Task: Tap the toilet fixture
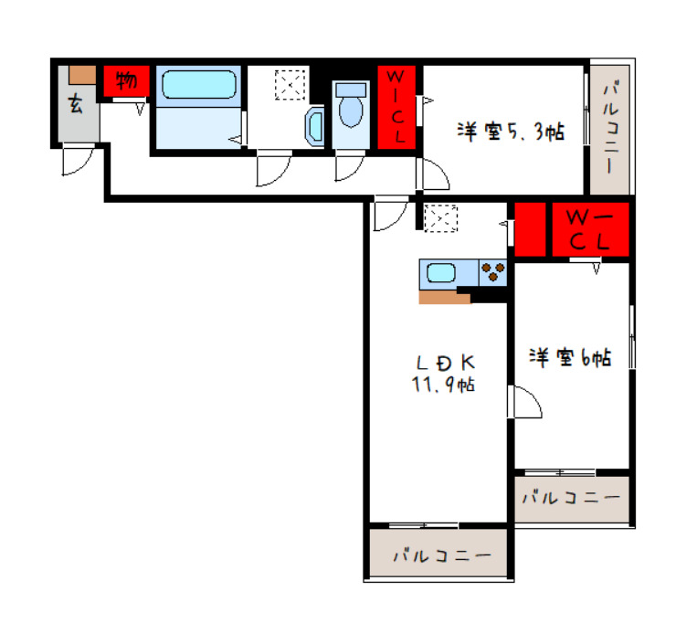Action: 350,108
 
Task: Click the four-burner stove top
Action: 493,273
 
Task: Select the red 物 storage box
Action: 126,81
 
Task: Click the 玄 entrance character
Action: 75,103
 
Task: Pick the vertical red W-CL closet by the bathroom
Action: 399,105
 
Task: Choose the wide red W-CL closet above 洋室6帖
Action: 590,229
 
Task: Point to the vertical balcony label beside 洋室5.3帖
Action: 610,128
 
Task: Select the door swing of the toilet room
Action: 349,166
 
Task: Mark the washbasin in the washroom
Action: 314,124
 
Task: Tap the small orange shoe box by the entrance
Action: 82,75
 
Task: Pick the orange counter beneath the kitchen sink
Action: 444,296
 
